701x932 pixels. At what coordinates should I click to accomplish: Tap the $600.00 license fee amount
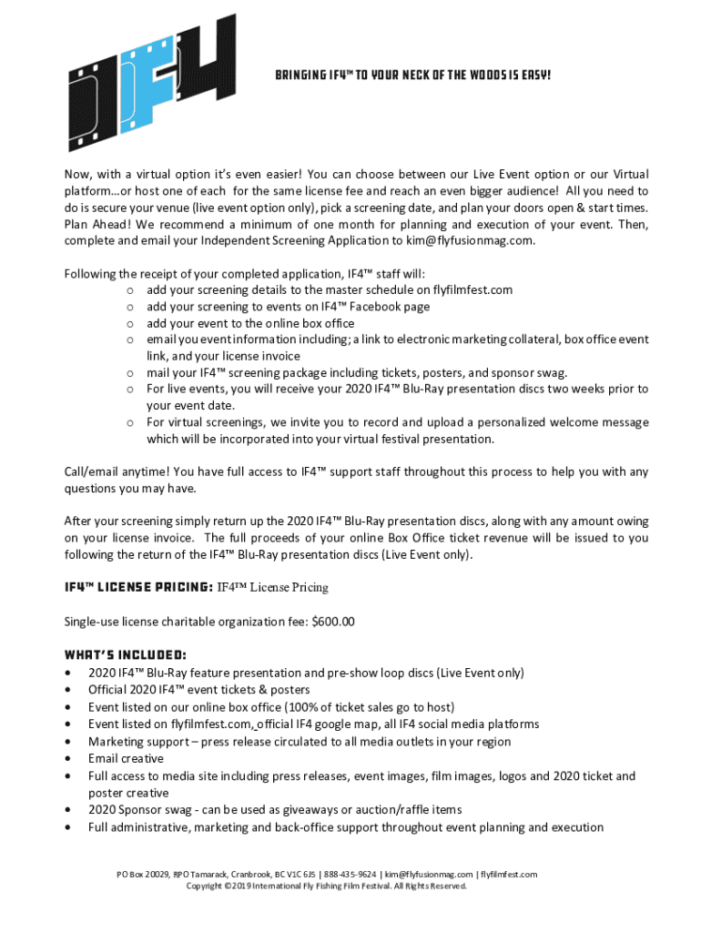pyautogui.click(x=333, y=622)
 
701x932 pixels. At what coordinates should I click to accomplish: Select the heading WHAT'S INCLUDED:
pyautogui.click(x=126, y=654)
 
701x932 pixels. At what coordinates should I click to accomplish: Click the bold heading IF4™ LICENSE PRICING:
pyautogui.click(x=138, y=587)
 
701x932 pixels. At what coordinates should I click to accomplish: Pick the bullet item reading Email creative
pyautogui.click(x=126, y=758)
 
